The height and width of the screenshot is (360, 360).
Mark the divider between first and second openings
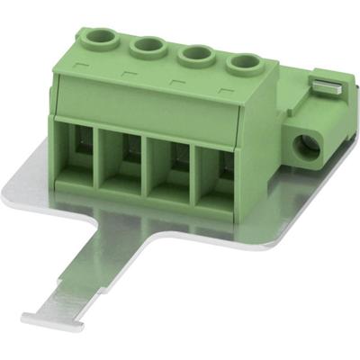(x=103, y=158)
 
